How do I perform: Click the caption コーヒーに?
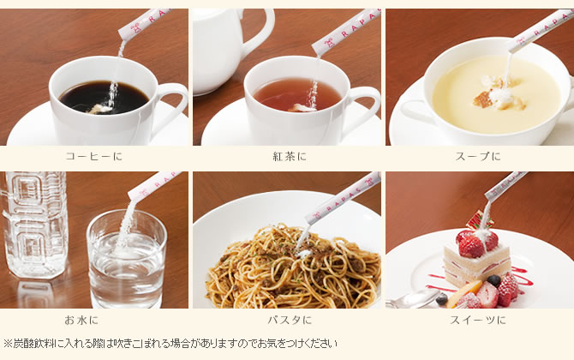coord(93,156)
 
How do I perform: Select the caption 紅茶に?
coord(290,156)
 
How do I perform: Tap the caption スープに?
coord(478,156)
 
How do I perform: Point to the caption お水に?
coord(81,321)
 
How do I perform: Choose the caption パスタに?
coord(290,321)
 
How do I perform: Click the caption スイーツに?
coord(478,321)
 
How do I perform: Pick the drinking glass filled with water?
coord(127,260)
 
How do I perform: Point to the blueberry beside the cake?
coord(493,280)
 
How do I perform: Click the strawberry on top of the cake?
coord(471,244)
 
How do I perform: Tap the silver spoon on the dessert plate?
coord(413,299)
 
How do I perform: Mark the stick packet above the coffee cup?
coord(143,22)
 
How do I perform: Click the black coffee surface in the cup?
coord(105,98)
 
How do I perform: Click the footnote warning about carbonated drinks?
coord(170,344)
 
